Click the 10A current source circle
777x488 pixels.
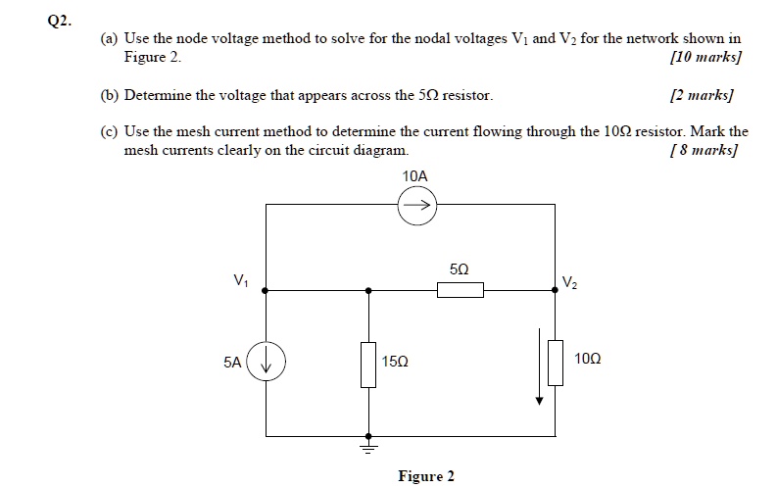tap(415, 207)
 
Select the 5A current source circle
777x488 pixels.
tap(268, 363)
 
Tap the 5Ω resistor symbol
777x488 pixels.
tap(460, 290)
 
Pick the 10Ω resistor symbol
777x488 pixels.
tap(556, 363)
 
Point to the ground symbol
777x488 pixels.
tap(368, 448)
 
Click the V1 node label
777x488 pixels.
tap(240, 281)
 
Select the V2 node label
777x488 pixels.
tap(570, 282)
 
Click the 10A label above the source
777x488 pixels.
tap(415, 175)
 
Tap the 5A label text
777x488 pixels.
tap(232, 362)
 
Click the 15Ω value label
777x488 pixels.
tap(397, 363)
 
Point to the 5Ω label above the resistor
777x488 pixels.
tap(459, 268)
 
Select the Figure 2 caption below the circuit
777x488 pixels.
tap(425, 476)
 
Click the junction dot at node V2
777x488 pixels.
tap(556, 290)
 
